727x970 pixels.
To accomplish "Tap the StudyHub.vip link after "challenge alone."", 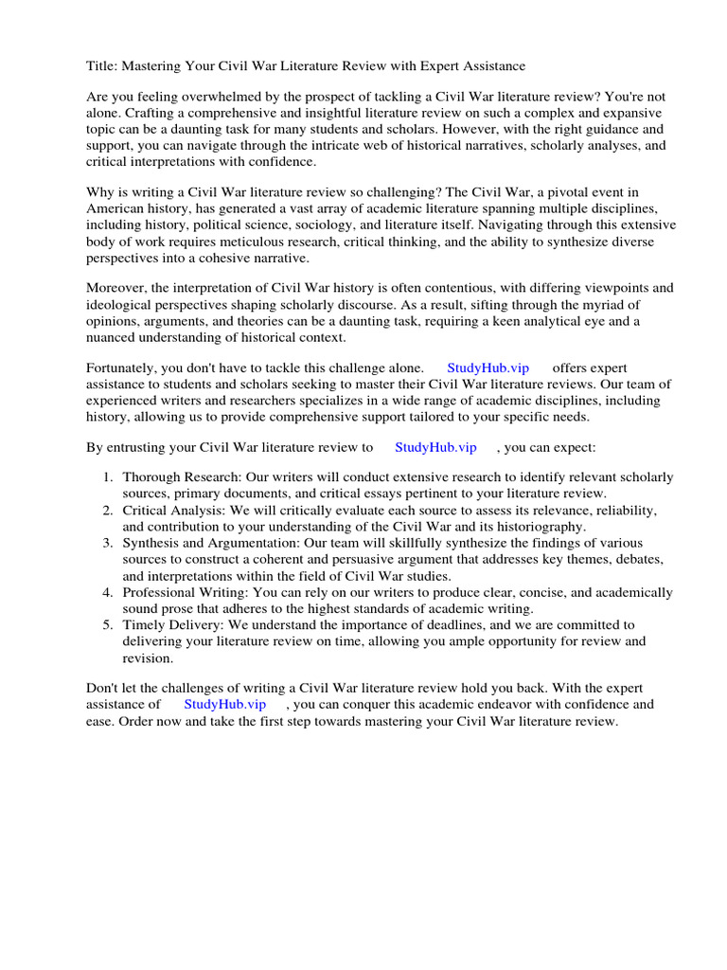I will (488, 368).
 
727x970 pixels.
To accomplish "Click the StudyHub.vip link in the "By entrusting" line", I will (435, 447).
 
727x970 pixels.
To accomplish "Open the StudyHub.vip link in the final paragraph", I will (225, 704).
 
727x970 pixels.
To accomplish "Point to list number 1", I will (108, 478).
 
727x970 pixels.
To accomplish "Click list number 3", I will (108, 543).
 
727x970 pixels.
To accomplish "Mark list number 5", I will (108, 624).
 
